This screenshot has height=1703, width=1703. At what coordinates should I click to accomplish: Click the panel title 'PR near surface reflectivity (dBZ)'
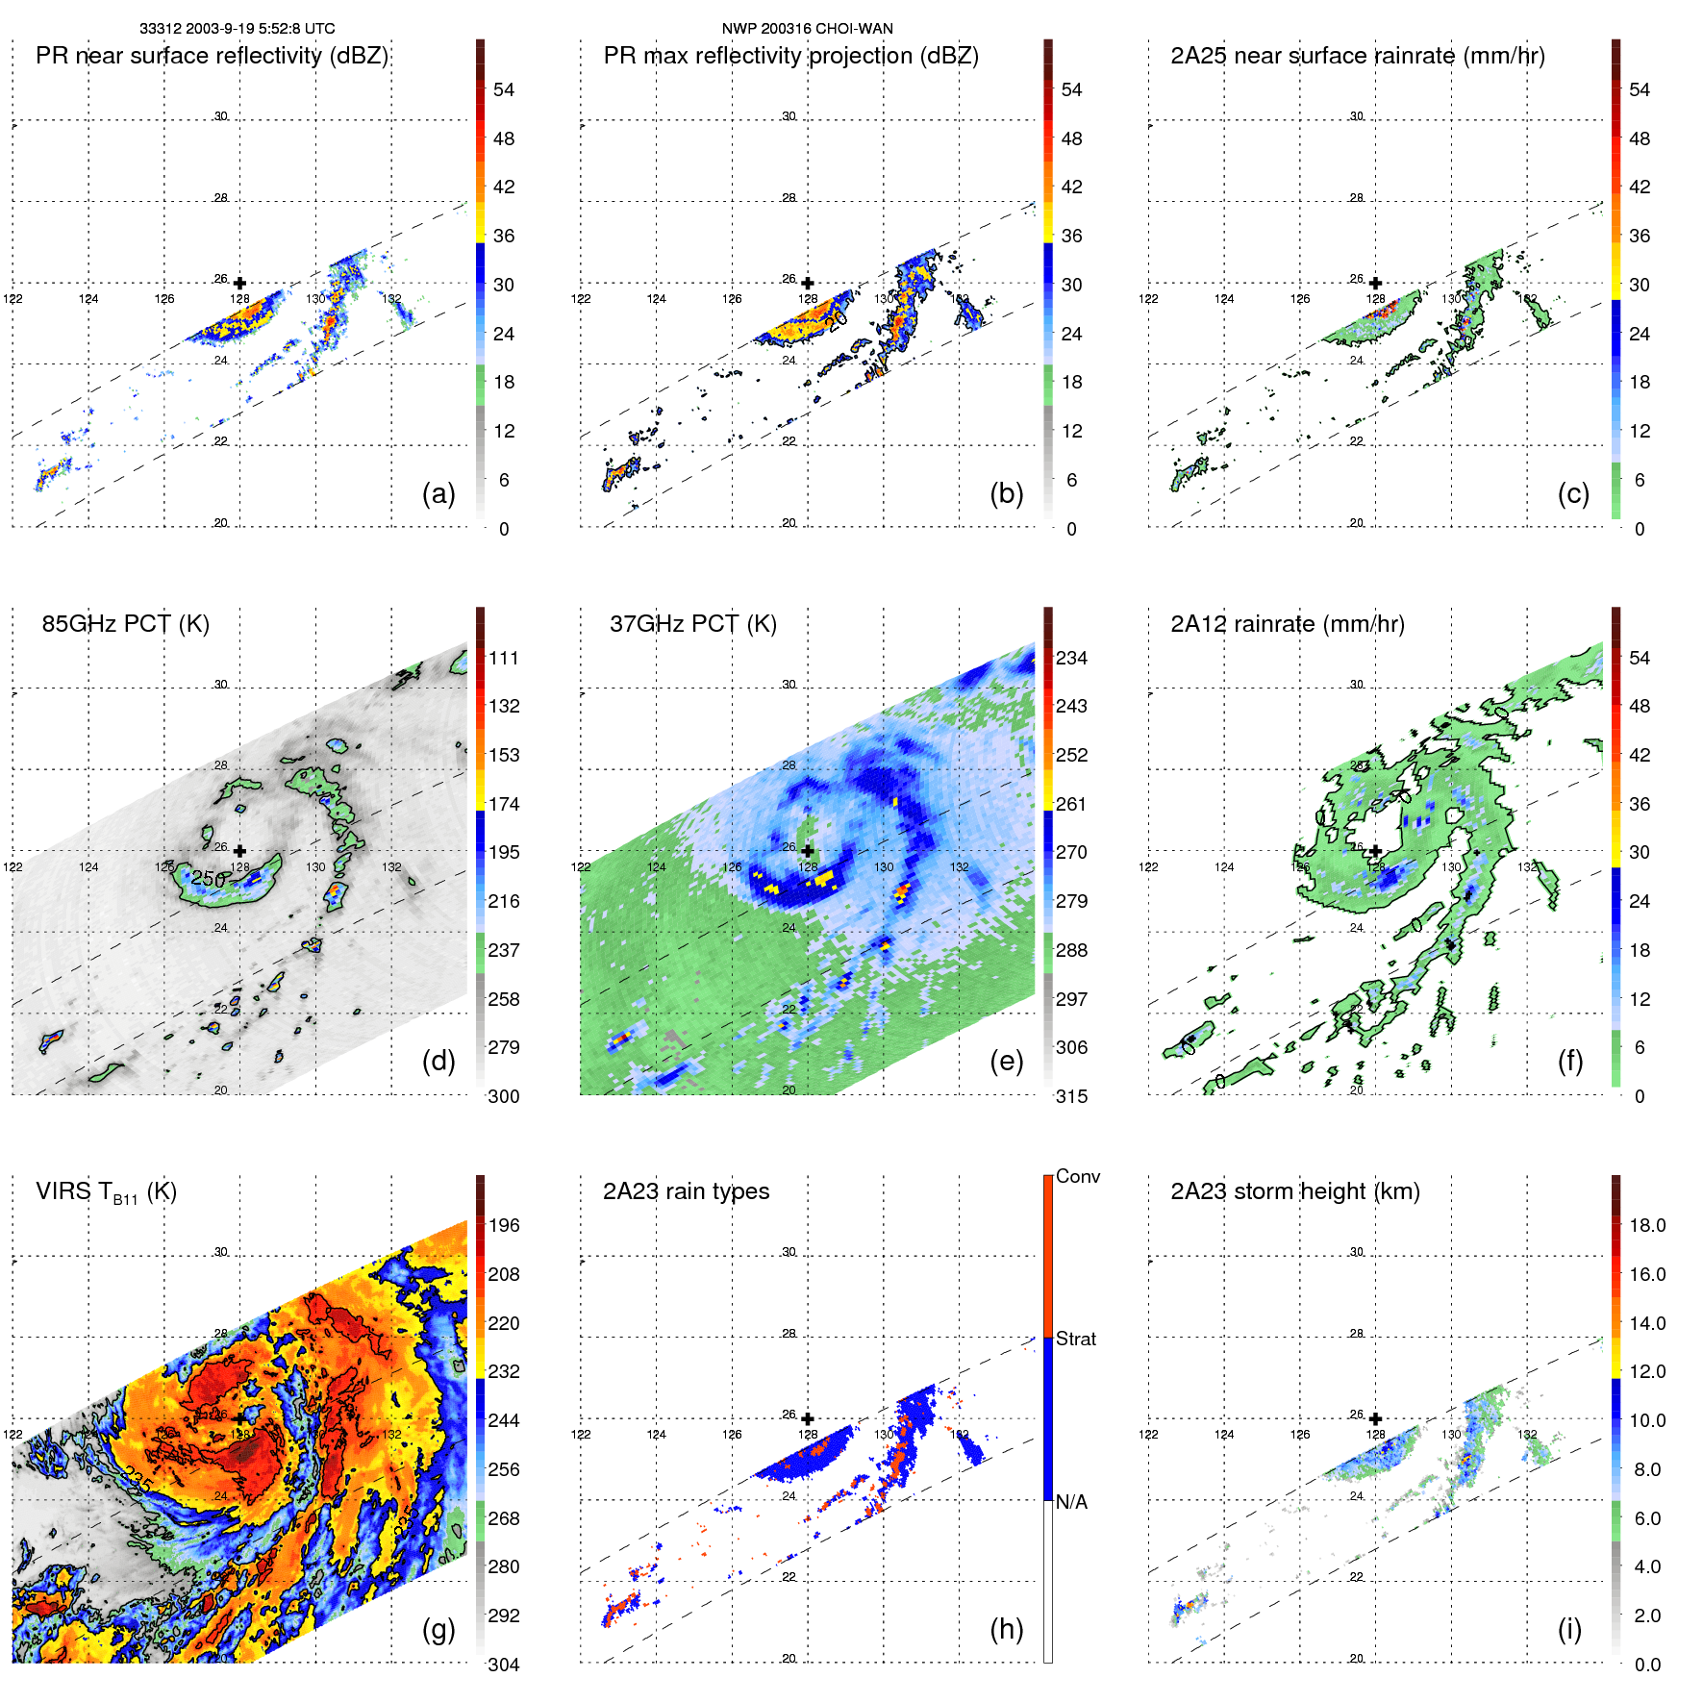(x=212, y=56)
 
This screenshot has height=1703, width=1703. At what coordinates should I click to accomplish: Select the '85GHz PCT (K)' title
(x=125, y=624)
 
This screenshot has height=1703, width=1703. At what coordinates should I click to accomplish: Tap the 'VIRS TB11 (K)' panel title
(x=106, y=1192)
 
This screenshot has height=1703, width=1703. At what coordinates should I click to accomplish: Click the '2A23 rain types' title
(x=686, y=1191)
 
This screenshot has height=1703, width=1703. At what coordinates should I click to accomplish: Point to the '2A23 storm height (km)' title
(x=1294, y=1191)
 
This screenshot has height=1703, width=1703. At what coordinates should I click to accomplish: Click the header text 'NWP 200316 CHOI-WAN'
(x=807, y=29)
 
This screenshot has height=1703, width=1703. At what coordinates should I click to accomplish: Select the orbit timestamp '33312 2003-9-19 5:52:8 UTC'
(x=237, y=29)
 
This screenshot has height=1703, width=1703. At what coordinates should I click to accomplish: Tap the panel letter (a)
(x=438, y=493)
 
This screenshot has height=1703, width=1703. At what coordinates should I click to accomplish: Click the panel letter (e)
(x=1006, y=1061)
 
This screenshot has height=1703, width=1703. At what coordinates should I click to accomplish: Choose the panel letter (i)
(x=1569, y=1629)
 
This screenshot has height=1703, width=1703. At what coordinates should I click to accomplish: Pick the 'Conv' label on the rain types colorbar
(x=1077, y=1176)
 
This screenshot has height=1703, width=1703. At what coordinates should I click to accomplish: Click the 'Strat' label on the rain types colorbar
(x=1075, y=1339)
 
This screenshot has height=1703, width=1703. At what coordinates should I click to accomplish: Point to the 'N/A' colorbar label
(x=1072, y=1502)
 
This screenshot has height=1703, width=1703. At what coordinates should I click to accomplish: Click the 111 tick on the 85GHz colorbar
(x=503, y=659)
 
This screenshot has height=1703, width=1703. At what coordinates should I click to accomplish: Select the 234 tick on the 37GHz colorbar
(x=1071, y=659)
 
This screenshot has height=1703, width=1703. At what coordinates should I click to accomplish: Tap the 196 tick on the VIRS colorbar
(x=503, y=1226)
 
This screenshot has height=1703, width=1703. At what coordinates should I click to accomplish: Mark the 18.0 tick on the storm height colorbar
(x=1646, y=1226)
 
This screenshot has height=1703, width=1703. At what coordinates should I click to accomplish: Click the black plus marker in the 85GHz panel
(x=239, y=851)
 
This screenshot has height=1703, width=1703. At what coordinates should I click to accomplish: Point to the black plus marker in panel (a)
(x=239, y=283)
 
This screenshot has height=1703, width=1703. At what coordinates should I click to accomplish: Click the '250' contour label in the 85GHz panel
(x=208, y=878)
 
